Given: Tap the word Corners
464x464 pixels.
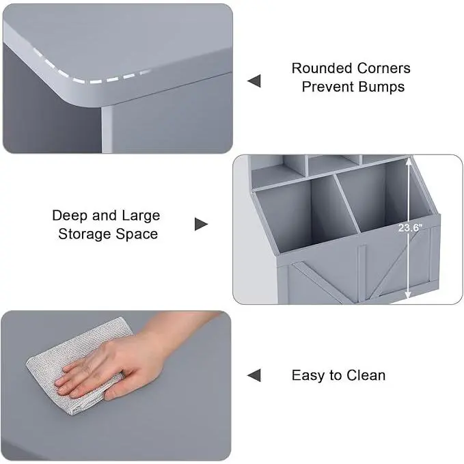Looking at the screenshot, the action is (384, 68).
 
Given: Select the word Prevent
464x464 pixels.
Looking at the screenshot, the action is (327, 87).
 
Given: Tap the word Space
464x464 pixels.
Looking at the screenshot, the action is (137, 234).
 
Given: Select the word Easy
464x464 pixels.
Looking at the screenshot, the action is (308, 376).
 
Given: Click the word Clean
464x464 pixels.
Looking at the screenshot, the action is (366, 376).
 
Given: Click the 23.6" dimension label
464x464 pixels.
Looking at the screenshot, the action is (410, 228).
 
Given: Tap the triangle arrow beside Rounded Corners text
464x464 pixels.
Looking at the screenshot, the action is (254, 81).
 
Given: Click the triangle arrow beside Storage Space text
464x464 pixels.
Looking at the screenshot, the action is (201, 224).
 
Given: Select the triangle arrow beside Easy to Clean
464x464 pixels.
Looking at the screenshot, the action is (254, 376).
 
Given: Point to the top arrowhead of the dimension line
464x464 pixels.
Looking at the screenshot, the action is (408, 161).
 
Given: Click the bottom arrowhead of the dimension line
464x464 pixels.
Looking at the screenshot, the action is (408, 295).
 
